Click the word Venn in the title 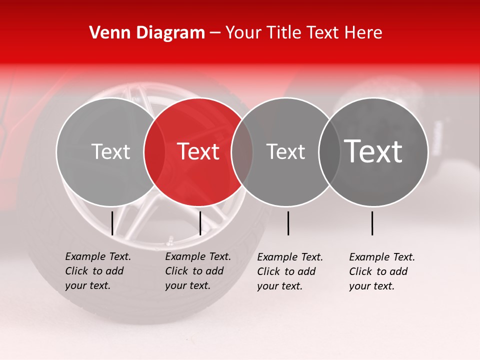[x=108, y=33]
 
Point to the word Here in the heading [x=364, y=33]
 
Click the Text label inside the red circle [x=198, y=151]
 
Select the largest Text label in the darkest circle [x=373, y=151]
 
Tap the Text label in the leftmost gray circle [x=111, y=151]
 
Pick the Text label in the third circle [x=286, y=151]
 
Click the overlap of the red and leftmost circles [x=154, y=151]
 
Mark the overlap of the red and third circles [x=242, y=151]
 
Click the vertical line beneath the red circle [x=200, y=223]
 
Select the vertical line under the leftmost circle [x=112, y=223]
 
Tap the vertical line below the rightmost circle [x=372, y=223]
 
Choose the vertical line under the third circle [x=288, y=223]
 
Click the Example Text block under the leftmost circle [x=97, y=271]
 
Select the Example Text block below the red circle [x=197, y=271]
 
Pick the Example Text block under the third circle [x=289, y=271]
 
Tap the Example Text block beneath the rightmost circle [x=381, y=271]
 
